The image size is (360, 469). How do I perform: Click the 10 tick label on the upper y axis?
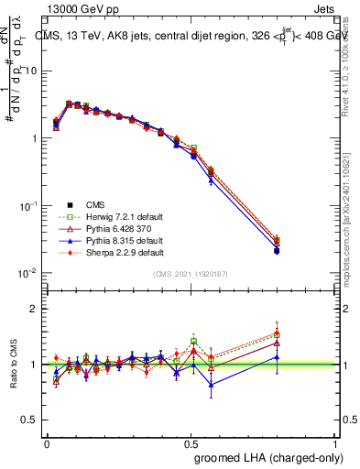(x=31, y=71)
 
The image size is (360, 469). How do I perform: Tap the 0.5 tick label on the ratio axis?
(x=29, y=420)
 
